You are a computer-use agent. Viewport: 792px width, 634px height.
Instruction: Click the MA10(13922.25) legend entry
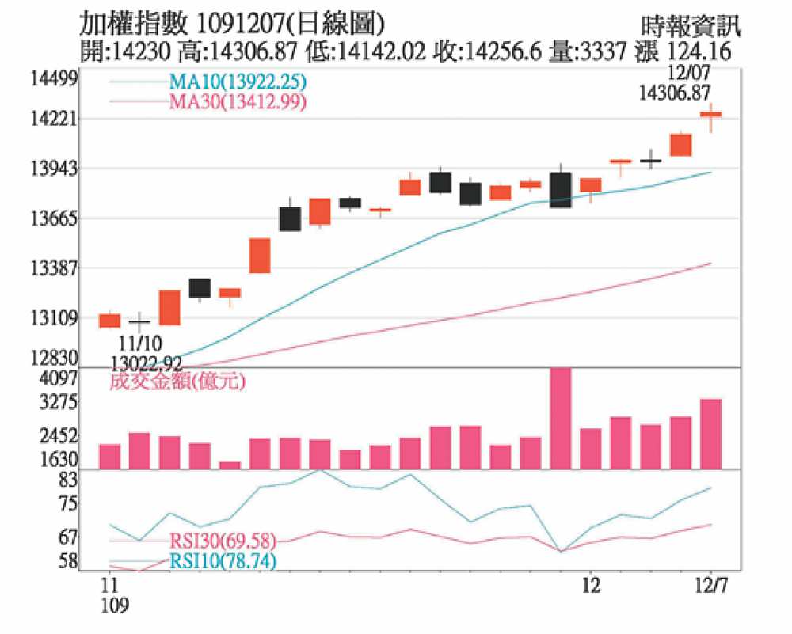238,82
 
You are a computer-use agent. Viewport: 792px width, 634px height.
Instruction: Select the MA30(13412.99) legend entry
238,101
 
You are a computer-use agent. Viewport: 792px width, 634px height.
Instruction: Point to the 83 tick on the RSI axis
67,480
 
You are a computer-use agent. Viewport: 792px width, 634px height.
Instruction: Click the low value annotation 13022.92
147,363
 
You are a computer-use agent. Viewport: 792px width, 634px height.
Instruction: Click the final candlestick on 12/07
711,115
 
